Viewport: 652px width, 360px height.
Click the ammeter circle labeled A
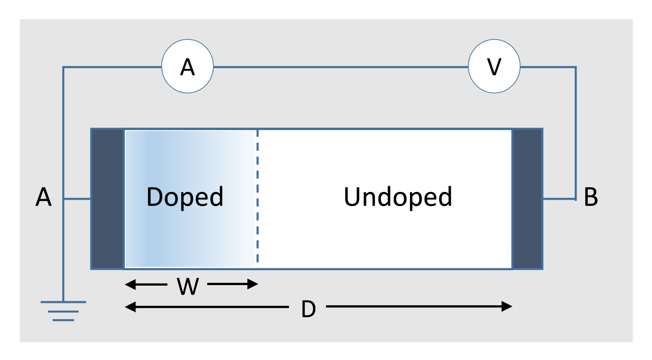point(187,67)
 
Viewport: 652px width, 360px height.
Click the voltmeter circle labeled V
point(494,67)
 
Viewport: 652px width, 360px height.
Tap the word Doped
point(185,197)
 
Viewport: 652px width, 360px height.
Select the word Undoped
point(398,197)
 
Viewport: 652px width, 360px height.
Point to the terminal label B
point(591,197)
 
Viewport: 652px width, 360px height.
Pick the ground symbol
point(63,310)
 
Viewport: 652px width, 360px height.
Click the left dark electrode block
point(108,199)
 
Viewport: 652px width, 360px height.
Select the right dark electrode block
point(527,199)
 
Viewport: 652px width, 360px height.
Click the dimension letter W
point(188,287)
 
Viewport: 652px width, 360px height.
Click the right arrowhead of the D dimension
point(507,306)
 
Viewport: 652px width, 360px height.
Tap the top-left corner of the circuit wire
point(63,67)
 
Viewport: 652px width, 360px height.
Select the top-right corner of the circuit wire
point(575,67)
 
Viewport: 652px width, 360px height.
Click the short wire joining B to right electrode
point(559,199)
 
